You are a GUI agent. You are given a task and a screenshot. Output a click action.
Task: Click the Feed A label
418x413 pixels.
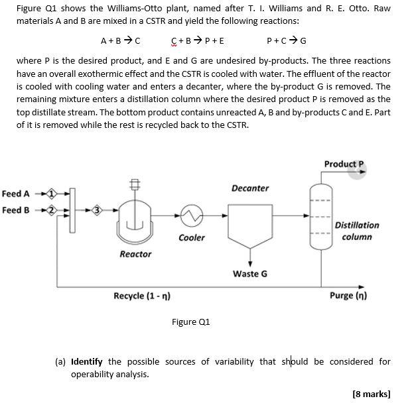16,194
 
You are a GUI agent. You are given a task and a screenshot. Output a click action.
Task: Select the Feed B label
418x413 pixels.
16,210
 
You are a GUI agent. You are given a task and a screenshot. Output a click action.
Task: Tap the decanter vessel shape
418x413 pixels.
250,222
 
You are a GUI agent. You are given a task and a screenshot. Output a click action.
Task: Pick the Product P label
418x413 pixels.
344,164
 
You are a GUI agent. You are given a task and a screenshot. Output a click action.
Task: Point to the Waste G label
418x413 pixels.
250,273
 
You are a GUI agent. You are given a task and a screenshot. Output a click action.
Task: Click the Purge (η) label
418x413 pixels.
348,296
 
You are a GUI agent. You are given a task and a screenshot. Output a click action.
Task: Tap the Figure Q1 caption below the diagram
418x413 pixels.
190,322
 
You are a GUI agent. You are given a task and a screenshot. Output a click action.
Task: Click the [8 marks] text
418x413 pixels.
372,394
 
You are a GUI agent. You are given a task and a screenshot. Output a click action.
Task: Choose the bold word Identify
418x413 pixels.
86,361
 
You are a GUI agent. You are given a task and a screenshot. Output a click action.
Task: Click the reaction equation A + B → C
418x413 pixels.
120,39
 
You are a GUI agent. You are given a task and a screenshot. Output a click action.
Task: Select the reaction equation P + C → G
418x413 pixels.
286,39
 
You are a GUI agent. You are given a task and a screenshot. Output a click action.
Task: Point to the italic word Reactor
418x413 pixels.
135,254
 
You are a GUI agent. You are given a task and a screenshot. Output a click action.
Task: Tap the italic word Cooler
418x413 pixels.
192,237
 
